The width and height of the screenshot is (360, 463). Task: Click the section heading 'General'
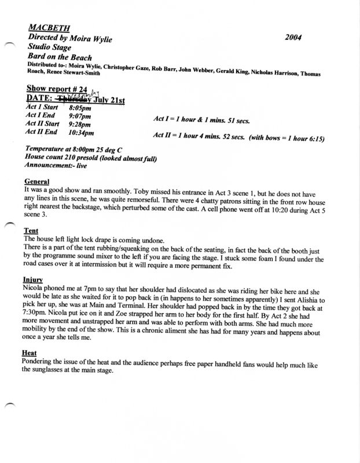pyautogui.click(x=37, y=181)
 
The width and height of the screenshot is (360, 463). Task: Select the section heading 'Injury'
pyautogui.click(x=33, y=280)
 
